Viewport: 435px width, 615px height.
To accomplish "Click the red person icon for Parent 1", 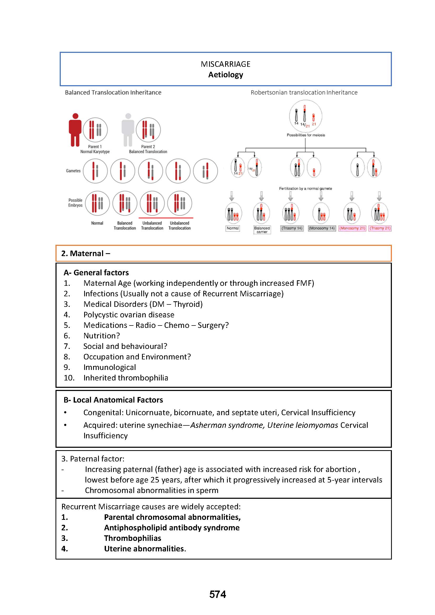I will (x=75, y=130).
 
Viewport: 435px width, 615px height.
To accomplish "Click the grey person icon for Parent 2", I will (x=128, y=130).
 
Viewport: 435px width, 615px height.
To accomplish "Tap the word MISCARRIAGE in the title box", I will (x=226, y=64).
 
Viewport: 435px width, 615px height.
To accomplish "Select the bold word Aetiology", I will (x=226, y=75).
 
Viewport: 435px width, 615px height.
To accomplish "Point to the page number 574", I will (x=217, y=594).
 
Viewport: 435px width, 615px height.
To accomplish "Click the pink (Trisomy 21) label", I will (x=380, y=228).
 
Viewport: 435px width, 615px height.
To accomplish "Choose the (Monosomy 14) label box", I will (x=322, y=228).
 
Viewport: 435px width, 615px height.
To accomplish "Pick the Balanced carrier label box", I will (x=262, y=230).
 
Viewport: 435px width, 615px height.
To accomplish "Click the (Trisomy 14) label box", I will (x=292, y=228).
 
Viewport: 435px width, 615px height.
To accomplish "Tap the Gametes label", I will (x=73, y=171).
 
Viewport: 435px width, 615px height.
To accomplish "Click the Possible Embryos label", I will (x=75, y=203).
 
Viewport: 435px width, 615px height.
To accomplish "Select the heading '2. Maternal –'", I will (x=85, y=253).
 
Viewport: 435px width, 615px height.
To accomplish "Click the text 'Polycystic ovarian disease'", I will (x=129, y=315).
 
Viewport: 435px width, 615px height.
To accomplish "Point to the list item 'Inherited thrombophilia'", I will (x=126, y=378).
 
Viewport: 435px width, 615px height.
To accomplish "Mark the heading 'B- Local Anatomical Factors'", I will (x=113, y=400).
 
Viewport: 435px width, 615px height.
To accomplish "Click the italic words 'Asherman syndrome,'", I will (x=227, y=425).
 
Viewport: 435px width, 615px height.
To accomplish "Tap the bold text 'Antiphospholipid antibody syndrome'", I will (x=172, y=528).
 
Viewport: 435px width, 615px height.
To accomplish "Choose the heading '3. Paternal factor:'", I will (x=93, y=459).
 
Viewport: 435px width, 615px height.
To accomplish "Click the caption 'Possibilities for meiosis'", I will (x=306, y=135).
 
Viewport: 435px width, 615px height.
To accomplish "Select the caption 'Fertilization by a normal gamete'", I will (x=305, y=189).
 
